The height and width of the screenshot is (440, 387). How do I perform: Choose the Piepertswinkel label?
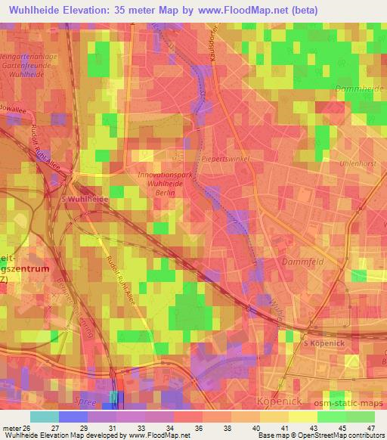pos(225,159)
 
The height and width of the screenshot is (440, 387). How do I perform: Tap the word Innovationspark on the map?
pos(166,175)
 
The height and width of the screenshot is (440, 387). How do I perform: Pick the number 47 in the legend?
pos(372,428)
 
